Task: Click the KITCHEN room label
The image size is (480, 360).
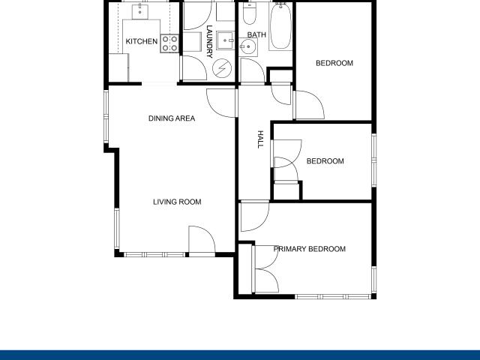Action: tap(141, 42)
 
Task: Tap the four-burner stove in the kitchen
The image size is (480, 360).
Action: tap(170, 43)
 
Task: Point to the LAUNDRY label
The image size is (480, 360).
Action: tap(210, 40)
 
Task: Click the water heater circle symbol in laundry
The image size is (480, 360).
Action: tap(222, 68)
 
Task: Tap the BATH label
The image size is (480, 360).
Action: tap(257, 34)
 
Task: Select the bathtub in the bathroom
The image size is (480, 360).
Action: tap(280, 26)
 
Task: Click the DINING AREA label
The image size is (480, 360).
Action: tap(172, 118)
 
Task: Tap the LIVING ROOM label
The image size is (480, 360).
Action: tap(177, 202)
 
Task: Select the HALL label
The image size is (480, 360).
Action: tap(261, 139)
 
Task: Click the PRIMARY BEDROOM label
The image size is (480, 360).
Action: tap(310, 249)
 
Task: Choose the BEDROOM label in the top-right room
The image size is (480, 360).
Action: tap(334, 63)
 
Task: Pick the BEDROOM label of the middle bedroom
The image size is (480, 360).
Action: tap(325, 161)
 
